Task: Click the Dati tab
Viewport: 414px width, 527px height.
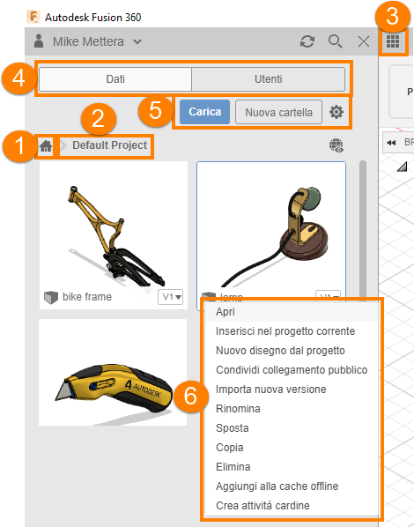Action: click(115, 79)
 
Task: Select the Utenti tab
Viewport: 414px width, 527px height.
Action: click(268, 79)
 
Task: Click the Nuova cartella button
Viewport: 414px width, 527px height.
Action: click(278, 112)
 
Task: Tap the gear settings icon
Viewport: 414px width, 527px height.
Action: click(336, 112)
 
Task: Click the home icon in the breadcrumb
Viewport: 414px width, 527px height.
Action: click(46, 146)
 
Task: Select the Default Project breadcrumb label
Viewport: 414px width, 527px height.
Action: click(109, 145)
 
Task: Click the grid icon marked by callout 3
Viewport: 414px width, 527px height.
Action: click(393, 41)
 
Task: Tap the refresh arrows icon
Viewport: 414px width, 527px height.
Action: click(307, 41)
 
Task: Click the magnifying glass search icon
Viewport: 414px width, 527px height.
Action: click(336, 41)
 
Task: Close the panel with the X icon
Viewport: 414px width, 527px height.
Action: click(364, 41)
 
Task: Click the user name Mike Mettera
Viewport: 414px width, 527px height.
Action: click(88, 41)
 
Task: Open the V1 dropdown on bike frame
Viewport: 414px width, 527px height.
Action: click(171, 297)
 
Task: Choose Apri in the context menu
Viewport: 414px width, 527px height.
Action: click(225, 312)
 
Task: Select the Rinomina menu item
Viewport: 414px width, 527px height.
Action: click(238, 409)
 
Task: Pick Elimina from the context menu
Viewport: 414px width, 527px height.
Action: click(233, 467)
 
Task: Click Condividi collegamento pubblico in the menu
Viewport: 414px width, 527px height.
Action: click(292, 370)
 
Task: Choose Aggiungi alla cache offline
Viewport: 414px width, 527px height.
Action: click(277, 486)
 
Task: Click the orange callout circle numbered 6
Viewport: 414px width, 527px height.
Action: click(190, 396)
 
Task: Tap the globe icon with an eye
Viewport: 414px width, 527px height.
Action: click(336, 145)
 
